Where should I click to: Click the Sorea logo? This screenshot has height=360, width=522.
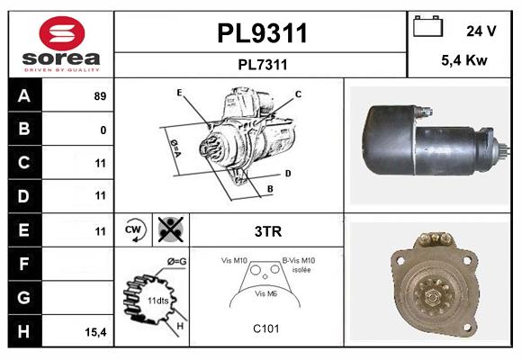click(x=61, y=44)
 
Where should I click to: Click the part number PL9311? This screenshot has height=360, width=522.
click(x=262, y=34)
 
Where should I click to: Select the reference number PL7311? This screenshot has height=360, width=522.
click(x=262, y=64)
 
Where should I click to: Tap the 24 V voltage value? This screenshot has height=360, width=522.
click(x=481, y=31)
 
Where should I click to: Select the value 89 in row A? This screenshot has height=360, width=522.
click(x=100, y=95)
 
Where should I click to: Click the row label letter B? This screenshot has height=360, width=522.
click(x=24, y=129)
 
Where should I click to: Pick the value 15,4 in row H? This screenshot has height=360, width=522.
click(x=96, y=332)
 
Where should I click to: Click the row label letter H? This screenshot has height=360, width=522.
click(x=24, y=331)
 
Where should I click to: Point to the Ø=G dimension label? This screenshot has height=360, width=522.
click(x=177, y=261)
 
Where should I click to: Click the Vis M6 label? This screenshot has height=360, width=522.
click(x=265, y=293)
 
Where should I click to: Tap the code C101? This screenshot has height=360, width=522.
click(x=266, y=328)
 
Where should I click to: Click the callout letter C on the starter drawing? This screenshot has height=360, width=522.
click(x=298, y=94)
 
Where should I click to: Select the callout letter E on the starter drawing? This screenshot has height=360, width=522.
click(x=179, y=93)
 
